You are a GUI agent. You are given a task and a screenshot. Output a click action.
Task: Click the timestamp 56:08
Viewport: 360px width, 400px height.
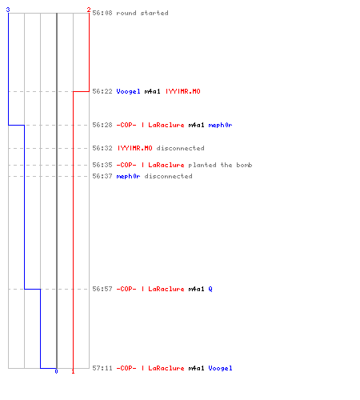click(x=102, y=13)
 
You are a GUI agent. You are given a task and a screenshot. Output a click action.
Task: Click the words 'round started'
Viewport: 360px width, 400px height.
click(x=142, y=13)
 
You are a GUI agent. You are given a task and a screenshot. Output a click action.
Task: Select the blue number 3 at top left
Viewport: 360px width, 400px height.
click(x=8, y=10)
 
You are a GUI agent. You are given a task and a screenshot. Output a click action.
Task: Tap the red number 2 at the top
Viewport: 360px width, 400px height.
click(x=89, y=10)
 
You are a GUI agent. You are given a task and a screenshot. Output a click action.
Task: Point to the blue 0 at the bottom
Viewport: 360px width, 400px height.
click(x=56, y=371)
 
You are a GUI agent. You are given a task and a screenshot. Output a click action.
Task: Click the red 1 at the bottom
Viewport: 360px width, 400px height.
click(x=73, y=371)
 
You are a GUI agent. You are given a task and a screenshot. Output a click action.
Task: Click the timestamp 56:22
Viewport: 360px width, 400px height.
click(x=102, y=91)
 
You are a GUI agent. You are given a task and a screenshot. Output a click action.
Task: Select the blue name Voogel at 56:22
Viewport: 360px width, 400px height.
click(x=128, y=91)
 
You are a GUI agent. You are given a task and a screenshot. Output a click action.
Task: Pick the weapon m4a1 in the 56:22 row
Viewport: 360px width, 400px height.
click(x=152, y=91)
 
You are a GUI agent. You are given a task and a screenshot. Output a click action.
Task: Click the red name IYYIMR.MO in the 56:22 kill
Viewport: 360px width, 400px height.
click(x=183, y=91)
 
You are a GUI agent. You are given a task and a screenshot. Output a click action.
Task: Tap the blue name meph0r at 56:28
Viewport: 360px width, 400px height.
click(x=220, y=125)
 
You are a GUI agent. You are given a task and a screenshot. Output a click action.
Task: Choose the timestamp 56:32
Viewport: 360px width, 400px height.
click(x=102, y=148)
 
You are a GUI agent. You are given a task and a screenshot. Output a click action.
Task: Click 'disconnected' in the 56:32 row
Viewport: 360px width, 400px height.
click(x=180, y=148)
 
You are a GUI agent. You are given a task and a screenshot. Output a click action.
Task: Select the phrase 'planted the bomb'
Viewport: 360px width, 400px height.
click(x=220, y=165)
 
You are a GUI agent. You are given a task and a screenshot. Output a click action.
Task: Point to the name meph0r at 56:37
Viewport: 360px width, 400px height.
click(x=128, y=176)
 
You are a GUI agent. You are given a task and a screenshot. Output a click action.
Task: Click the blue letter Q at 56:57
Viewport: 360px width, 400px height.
click(x=210, y=289)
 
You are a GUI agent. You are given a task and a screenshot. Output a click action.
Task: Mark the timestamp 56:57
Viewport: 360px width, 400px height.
click(x=102, y=289)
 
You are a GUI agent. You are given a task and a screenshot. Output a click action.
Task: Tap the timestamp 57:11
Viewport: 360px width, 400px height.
click(x=102, y=368)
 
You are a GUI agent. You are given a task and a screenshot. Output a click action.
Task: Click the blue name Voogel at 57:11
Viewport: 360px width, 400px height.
click(x=220, y=368)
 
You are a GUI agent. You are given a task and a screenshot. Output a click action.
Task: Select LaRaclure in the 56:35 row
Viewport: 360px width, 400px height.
click(x=166, y=165)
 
